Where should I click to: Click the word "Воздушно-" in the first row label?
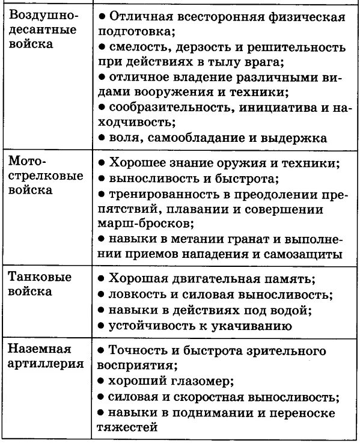pos(37,14)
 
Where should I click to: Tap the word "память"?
pos(291,279)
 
